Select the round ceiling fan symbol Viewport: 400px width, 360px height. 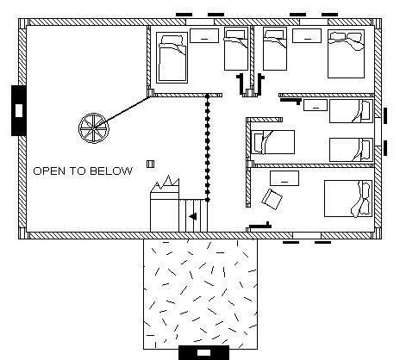point(94,128)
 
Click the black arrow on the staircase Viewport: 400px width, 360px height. point(193,216)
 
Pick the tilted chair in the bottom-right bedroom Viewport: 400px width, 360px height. point(272,199)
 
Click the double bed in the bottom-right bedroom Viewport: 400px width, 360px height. point(348,198)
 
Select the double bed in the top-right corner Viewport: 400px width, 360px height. point(346,53)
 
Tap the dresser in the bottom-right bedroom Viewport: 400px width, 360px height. point(284,178)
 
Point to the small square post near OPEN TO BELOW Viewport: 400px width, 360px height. point(150,164)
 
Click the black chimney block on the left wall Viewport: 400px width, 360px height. point(19,110)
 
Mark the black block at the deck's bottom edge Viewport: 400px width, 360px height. point(203,352)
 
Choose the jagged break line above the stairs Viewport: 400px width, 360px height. point(165,184)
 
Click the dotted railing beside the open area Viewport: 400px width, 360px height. point(208,147)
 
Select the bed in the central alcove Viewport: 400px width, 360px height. point(272,142)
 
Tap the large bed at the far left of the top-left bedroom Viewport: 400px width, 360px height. point(172,58)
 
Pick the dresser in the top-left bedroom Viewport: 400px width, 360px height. point(204,35)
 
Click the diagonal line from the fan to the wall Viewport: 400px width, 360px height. point(122,113)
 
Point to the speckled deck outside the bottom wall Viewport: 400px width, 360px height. point(201,294)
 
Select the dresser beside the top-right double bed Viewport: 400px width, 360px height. point(307,35)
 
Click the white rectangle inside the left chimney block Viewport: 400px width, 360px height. point(19,110)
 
